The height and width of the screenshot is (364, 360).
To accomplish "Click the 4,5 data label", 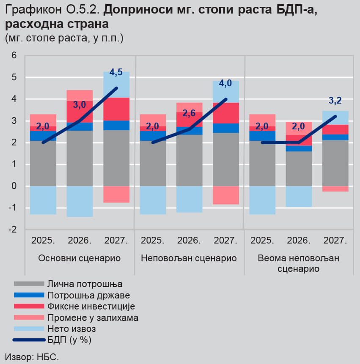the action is pyautogui.click(x=116, y=72).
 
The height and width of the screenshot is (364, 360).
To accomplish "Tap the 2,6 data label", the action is pyautogui.click(x=189, y=113).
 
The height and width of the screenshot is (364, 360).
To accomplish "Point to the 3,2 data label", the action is pyautogui.click(x=335, y=101).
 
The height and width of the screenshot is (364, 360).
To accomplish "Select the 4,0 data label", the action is pyautogui.click(x=225, y=83).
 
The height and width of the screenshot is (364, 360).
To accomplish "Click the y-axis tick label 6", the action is pyautogui.click(x=14, y=55).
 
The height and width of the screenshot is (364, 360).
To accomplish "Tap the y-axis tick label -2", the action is pyautogui.click(x=13, y=230).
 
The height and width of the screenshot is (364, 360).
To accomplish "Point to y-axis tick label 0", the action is pyautogui.click(x=14, y=186).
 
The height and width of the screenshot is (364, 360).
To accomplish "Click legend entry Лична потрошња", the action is pyautogui.click(x=68, y=284).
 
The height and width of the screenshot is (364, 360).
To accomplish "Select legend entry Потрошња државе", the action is pyautogui.click(x=72, y=295).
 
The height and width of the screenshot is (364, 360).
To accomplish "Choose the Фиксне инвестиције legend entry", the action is pyautogui.click(x=74, y=307).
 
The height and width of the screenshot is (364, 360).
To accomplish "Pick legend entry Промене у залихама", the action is pyautogui.click(x=76, y=317).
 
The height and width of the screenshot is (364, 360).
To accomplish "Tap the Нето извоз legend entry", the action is pyautogui.click(x=55, y=329).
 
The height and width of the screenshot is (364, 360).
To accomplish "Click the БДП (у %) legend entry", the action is pyautogui.click(x=52, y=340).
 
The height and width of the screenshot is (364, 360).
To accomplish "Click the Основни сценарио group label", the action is pyautogui.click(x=80, y=258).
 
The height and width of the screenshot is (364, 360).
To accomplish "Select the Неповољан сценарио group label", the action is pyautogui.click(x=189, y=258).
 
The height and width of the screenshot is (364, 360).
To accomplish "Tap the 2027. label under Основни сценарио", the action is pyautogui.click(x=116, y=240).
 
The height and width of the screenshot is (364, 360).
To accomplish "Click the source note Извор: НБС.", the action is pyautogui.click(x=32, y=357).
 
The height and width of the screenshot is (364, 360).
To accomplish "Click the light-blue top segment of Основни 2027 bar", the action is pyautogui.click(x=116, y=85).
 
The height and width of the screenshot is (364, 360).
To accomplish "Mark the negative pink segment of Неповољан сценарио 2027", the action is pyautogui.click(x=226, y=195).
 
